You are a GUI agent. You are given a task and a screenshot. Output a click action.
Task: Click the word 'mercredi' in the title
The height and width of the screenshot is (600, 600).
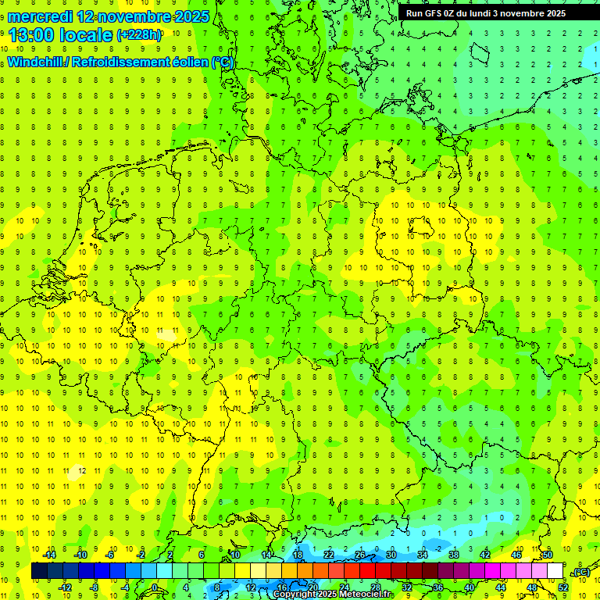point(40,16)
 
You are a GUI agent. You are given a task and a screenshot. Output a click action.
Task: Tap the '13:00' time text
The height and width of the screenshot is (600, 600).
point(30,35)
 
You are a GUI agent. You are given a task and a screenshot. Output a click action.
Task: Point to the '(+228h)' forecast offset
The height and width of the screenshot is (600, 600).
point(140,35)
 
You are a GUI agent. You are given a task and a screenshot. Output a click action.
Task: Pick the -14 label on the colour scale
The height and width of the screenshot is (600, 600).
point(48,555)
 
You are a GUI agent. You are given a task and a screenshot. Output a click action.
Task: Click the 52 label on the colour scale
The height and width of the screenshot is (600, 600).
point(562,587)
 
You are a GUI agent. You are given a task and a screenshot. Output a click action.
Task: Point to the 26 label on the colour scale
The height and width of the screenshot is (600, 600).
point(359,555)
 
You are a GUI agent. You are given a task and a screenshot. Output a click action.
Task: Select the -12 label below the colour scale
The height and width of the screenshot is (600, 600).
point(66,587)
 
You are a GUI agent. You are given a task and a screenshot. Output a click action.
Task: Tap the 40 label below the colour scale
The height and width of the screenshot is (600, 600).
point(470,587)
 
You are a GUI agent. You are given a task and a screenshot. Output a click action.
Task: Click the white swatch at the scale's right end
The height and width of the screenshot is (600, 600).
point(555,571)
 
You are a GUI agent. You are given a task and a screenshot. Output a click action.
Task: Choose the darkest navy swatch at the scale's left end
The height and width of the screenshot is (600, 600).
point(39,571)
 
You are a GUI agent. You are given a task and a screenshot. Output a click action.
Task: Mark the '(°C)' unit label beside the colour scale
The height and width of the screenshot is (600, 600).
point(582,573)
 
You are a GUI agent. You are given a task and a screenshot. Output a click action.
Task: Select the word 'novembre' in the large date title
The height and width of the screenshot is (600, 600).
point(131,16)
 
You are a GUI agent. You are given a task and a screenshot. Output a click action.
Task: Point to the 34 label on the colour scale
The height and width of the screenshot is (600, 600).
point(422,555)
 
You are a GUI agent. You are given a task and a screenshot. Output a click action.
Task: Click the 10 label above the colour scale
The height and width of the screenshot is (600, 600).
point(234,555)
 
